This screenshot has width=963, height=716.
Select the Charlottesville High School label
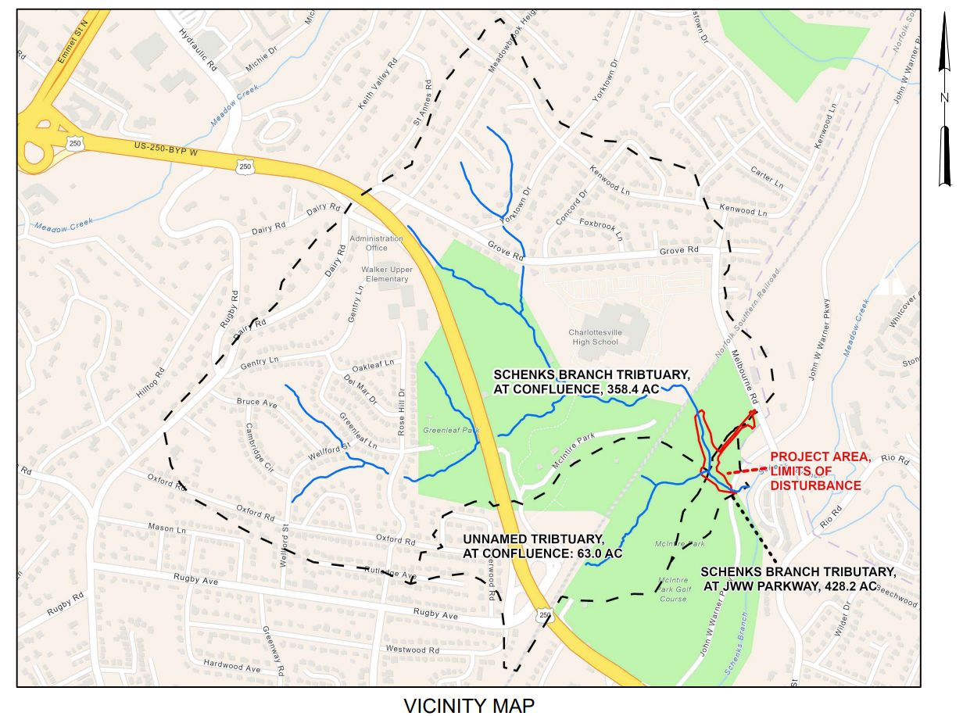pyautogui.click(x=594, y=337)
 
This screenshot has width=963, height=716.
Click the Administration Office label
pyautogui.click(x=377, y=243)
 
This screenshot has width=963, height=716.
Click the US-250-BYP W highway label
pyautogui.click(x=166, y=149)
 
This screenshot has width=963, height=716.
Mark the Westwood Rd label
pyautogui.click(x=412, y=650)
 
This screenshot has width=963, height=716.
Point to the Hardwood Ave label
pyautogui.click(x=231, y=668)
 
